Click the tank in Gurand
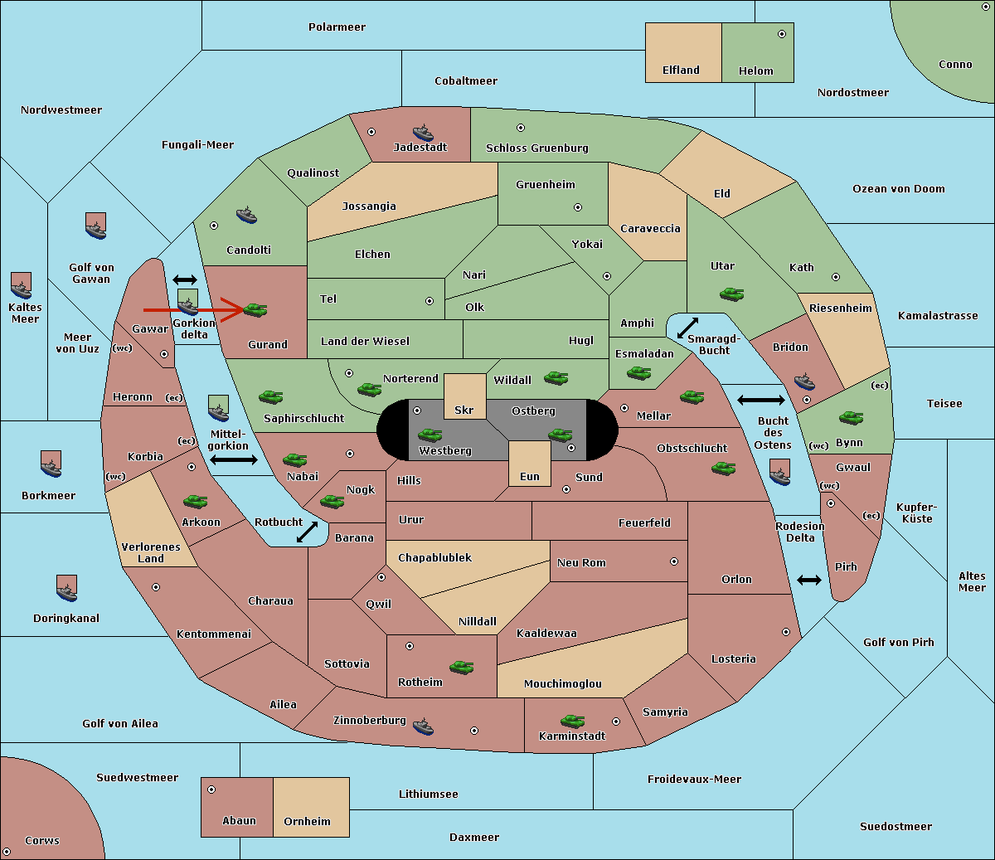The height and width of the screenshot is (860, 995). pyautogui.click(x=255, y=309)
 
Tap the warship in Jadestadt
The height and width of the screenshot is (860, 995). pyautogui.click(x=423, y=133)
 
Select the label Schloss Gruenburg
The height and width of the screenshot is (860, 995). pyautogui.click(x=537, y=148)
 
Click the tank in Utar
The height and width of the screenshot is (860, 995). pyautogui.click(x=731, y=294)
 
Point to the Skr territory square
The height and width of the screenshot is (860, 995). pyautogui.click(x=464, y=396)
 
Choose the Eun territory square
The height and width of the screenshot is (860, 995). pyautogui.click(x=530, y=464)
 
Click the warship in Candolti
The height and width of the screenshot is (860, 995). pyautogui.click(x=246, y=216)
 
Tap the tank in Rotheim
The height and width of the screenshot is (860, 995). pyautogui.click(x=461, y=667)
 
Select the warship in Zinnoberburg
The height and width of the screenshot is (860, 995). pyautogui.click(x=423, y=726)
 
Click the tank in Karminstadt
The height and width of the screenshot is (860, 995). pyautogui.click(x=572, y=721)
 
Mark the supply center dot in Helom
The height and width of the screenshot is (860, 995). pyautogui.click(x=782, y=34)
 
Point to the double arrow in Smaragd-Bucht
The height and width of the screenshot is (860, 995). pyautogui.click(x=687, y=328)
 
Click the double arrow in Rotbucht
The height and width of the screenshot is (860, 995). pyautogui.click(x=307, y=532)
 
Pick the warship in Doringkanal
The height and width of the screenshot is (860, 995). pyautogui.click(x=66, y=588)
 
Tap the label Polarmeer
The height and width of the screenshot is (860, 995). pyautogui.click(x=337, y=27)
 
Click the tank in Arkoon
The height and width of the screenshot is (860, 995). pyautogui.click(x=195, y=501)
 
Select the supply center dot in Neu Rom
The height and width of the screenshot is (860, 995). pyautogui.click(x=674, y=561)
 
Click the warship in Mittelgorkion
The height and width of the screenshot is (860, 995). pyautogui.click(x=219, y=408)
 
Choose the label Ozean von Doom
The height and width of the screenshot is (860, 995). pyautogui.click(x=898, y=189)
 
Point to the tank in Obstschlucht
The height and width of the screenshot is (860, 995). pyautogui.click(x=724, y=468)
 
